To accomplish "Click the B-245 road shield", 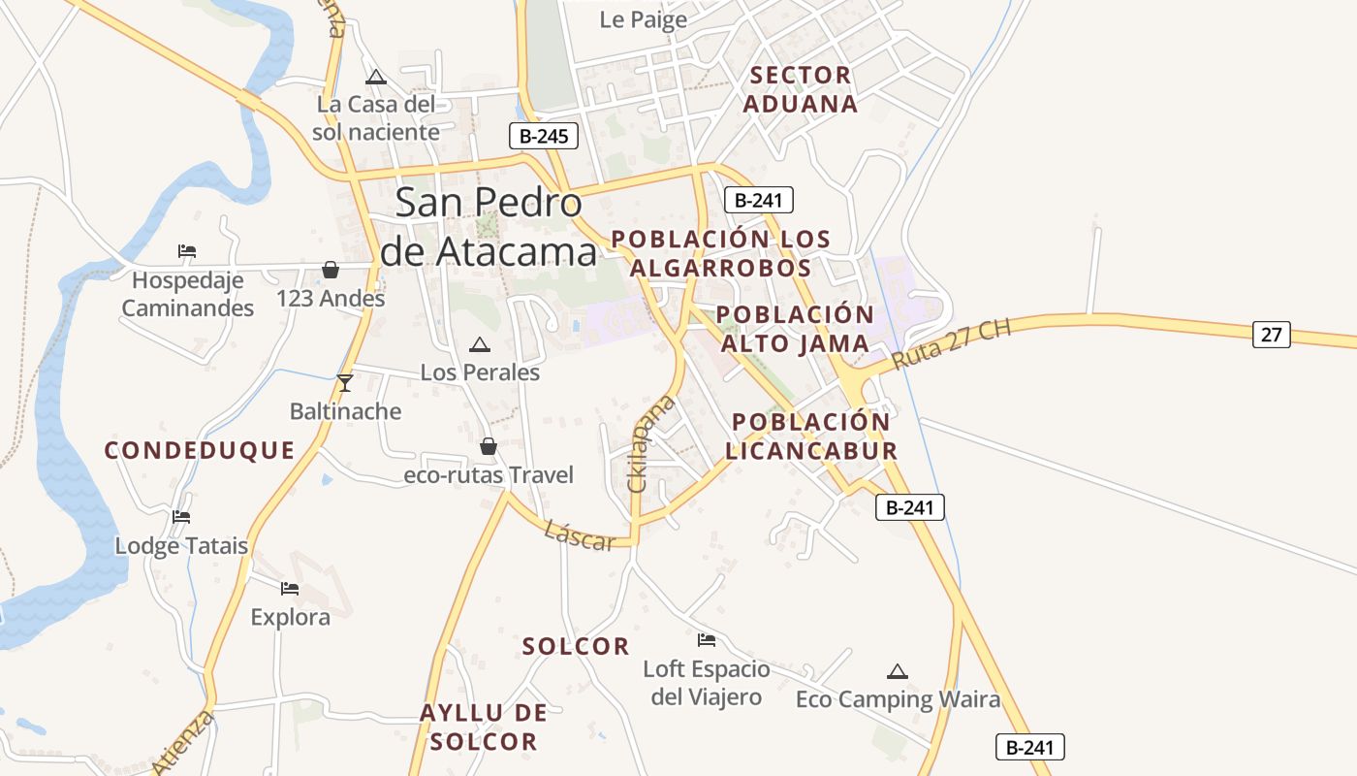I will point(544,136).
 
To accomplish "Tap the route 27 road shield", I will point(1271,335).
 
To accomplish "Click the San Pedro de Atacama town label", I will point(489,227).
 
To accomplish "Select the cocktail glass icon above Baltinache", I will point(344,382).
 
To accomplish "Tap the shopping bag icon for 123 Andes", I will point(331,270).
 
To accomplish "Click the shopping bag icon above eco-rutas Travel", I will point(489,446).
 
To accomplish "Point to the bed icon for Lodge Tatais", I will point(181,517).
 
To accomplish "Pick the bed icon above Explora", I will point(290,588).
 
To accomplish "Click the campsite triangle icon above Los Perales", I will point(480,344).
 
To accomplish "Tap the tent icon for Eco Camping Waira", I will point(898,671).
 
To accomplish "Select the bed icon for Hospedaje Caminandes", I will point(187,251).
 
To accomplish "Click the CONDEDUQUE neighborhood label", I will point(199,450).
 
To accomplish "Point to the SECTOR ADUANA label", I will point(801,89).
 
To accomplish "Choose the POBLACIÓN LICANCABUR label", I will point(811,436).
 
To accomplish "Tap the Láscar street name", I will point(580,535).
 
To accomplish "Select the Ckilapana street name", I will point(651,442).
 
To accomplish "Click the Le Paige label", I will point(644,19).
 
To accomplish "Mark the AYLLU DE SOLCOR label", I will point(483,727).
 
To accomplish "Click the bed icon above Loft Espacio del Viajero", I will point(707,640).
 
